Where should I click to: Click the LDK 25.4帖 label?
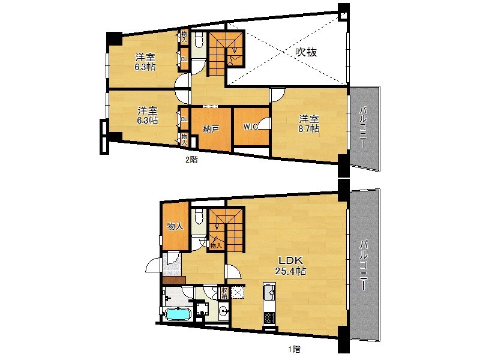pos(290,266)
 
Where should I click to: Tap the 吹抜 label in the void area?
pos(306,52)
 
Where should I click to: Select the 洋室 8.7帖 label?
pos(309,124)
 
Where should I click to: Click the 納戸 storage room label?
pos(211,129)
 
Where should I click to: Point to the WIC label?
pos(250,127)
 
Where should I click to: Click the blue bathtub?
pos(178,314)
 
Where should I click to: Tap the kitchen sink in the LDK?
pos(269,293)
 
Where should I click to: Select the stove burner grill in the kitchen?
pos(269,319)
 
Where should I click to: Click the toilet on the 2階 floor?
pos(199,40)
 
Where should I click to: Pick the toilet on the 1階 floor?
pos(199,217)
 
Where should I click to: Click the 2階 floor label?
pos(191,160)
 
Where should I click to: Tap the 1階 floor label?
pos(294,349)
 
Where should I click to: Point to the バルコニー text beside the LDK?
pos(364,265)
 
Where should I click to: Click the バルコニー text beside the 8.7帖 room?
pos(364,127)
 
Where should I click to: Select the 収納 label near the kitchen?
pos(224,293)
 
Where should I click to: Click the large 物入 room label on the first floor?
pos(175,226)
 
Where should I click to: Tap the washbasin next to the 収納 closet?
pos(224,310)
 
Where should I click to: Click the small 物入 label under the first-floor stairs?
pos(216,245)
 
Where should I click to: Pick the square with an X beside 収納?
pos(238,292)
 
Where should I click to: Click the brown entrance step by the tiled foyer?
pos(175,280)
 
